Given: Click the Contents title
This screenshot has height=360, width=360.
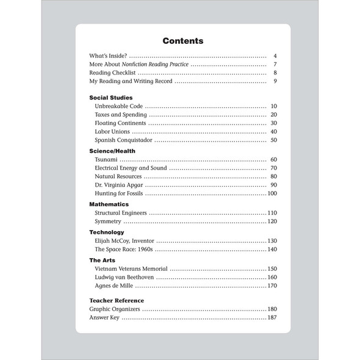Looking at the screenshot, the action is point(182,41).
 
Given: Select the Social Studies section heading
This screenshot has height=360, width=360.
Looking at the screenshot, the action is point(111,97).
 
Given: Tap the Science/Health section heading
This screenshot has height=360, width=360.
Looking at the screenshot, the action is point(112,151).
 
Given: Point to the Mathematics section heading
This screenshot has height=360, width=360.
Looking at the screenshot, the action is point(109,204).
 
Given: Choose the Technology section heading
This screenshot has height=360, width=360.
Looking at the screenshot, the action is point(107,232).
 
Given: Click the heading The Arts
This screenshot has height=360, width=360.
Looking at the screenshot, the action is point(102,260).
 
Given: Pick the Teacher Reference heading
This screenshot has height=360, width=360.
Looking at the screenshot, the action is point(117,300).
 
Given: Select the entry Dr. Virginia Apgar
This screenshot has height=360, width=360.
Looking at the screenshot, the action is point(119,185).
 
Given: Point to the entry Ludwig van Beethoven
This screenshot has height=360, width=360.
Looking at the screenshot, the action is point(124,277).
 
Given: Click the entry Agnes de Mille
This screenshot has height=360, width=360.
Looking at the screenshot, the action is point(114,286).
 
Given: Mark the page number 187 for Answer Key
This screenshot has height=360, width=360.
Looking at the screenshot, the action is point(272,318).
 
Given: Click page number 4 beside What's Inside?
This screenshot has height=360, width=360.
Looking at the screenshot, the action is point(276,56).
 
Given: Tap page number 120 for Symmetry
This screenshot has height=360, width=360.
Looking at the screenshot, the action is point(272,221).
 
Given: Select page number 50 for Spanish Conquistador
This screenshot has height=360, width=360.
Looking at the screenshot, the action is point(273,140).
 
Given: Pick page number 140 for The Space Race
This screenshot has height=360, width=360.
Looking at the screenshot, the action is point(272,250).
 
